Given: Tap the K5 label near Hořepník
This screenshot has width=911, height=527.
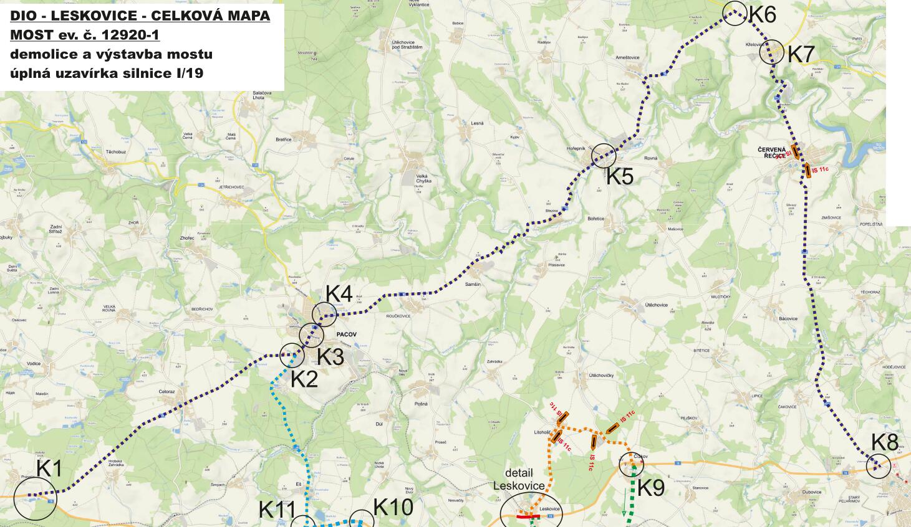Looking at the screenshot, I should pyautogui.click(x=620, y=177).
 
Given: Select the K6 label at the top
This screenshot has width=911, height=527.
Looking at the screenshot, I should pyautogui.click(x=762, y=14).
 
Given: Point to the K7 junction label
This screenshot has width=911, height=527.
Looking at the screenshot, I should pyautogui.click(x=801, y=54).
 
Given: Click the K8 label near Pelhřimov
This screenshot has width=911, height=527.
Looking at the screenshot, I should pyautogui.click(x=884, y=442).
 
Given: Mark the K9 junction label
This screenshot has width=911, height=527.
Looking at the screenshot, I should pyautogui.click(x=650, y=488).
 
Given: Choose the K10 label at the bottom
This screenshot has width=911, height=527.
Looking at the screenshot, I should pyautogui.click(x=393, y=508).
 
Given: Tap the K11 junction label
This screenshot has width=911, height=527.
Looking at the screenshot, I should pyautogui.click(x=277, y=510).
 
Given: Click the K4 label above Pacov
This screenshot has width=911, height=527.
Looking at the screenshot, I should pyautogui.click(x=339, y=293).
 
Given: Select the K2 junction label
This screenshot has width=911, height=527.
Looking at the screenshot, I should pyautogui.click(x=304, y=379).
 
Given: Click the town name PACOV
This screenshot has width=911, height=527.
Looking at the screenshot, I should pyautogui.click(x=346, y=335).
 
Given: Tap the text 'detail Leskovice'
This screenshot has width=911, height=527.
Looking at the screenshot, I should pyautogui.click(x=519, y=480).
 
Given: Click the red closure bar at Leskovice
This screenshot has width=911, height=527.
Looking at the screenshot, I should pyautogui.click(x=528, y=516).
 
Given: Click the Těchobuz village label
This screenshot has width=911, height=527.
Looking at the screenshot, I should pyautogui.click(x=116, y=152).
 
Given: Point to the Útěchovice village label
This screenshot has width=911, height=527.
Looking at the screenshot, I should pyautogui.click(x=657, y=305).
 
